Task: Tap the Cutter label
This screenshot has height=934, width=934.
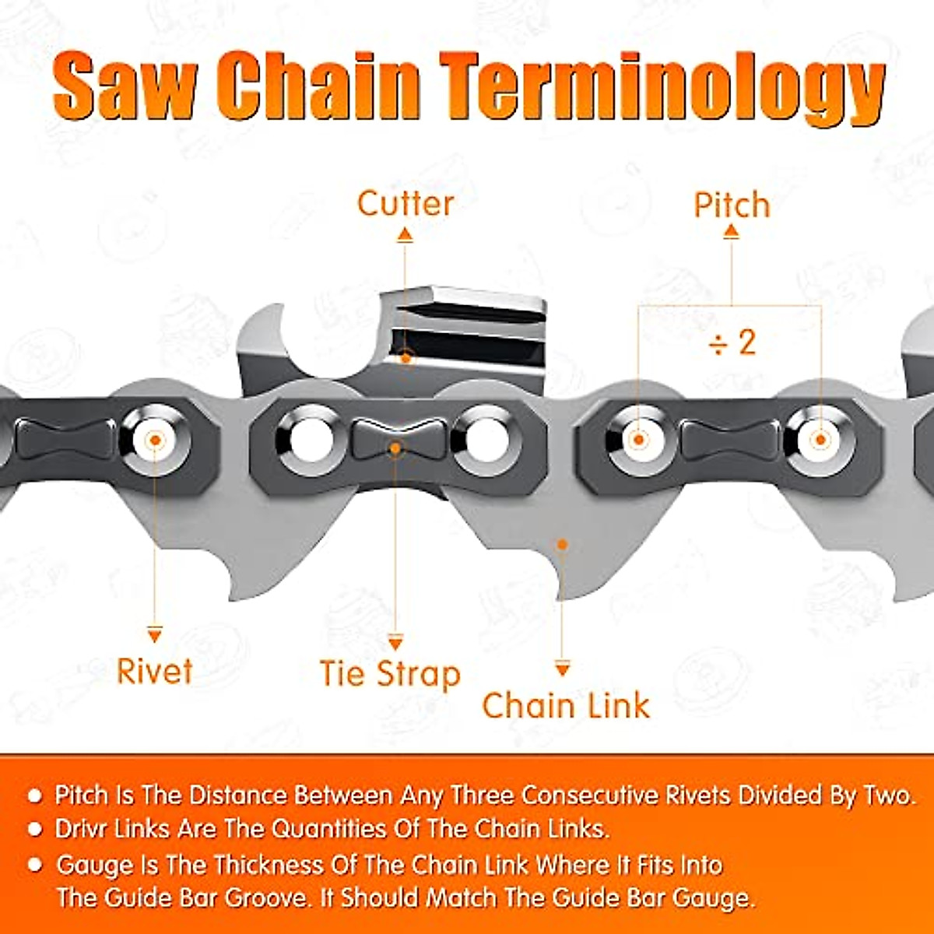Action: coord(405,203)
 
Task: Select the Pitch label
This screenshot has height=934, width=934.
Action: coord(732,205)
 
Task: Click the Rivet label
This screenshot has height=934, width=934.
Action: coord(154,671)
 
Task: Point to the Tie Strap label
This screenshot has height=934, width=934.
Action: coord(390,674)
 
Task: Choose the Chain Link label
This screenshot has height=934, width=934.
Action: coord(566,705)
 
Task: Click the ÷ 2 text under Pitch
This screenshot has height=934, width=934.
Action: coord(732,342)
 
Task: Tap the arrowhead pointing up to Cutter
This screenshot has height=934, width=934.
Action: coord(405,233)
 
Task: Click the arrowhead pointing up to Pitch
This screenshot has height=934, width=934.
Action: coord(731,231)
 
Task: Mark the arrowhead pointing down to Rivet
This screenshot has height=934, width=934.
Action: coord(155,636)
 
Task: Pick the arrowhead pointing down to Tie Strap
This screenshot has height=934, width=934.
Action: coord(395,643)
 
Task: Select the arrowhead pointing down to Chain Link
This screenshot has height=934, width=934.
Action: coord(563,669)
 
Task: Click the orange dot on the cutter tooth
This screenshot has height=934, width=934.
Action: coord(406,359)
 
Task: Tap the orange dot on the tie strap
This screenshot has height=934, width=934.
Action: coord(395,448)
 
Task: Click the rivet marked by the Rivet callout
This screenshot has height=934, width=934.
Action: coord(155,440)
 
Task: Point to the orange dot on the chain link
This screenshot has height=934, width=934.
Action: coord(562,545)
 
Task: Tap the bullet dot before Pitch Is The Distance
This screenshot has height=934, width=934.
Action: coord(35,795)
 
